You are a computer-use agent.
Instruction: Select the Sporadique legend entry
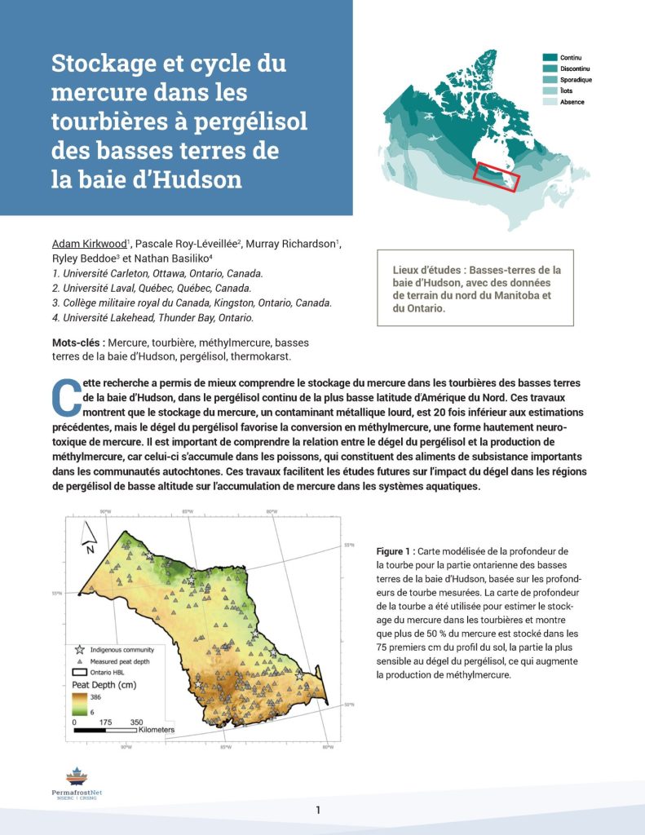coord(576,80)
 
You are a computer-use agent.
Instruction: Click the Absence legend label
coord(572,102)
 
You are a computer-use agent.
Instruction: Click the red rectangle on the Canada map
coord(496,176)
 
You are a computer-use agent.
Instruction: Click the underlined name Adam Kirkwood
coord(88,244)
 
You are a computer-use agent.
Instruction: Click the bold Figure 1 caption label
coord(396,551)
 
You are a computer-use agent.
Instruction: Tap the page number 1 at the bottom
coord(318,810)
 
